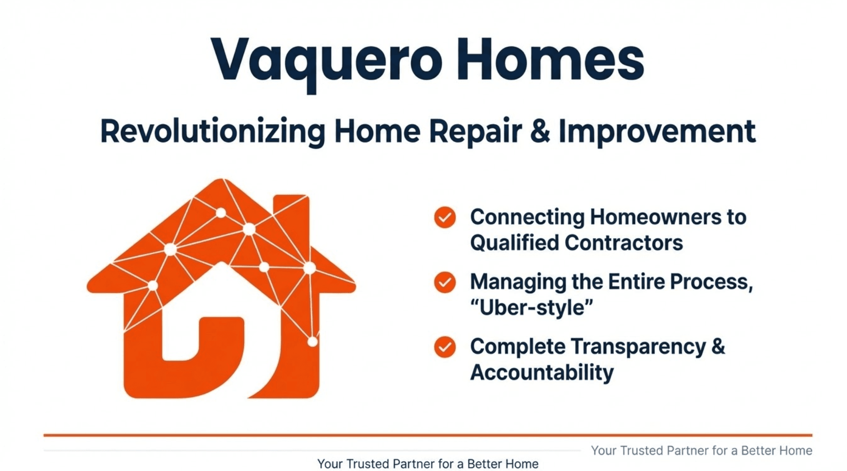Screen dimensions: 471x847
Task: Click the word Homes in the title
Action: [550, 60]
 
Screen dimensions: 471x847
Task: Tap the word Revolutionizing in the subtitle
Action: [212, 131]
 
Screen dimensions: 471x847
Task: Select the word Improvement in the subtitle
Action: [657, 131]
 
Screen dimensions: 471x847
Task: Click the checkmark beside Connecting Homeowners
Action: [445, 218]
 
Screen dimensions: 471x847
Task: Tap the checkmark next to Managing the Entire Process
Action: [445, 282]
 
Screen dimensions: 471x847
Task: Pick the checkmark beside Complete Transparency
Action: [445, 347]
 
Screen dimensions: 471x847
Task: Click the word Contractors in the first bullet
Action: [623, 243]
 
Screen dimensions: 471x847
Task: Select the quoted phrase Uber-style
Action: [532, 308]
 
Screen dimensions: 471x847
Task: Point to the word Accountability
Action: [542, 372]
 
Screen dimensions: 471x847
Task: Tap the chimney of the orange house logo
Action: [291, 211]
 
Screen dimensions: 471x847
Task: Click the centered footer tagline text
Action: [428, 464]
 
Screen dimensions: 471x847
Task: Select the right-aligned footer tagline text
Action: [701, 450]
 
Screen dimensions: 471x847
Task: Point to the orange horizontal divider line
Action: [428, 435]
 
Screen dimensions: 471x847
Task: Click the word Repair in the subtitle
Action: [475, 131]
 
